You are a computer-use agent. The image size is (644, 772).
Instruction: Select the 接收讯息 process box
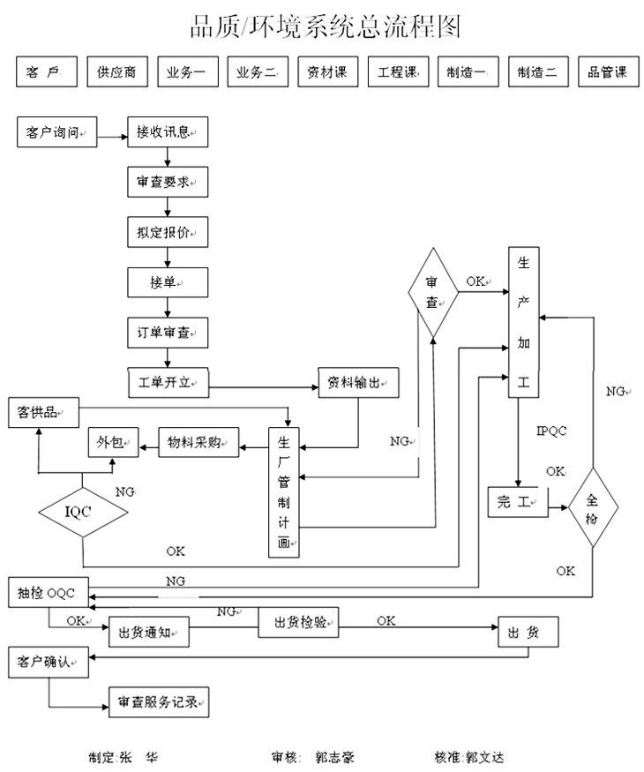click(x=166, y=131)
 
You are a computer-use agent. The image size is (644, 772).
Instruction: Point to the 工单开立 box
click(x=166, y=384)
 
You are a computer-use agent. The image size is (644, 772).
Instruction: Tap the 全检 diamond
click(x=592, y=509)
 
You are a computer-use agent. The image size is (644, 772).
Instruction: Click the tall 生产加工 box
click(x=523, y=324)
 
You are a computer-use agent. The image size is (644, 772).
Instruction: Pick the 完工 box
click(x=517, y=502)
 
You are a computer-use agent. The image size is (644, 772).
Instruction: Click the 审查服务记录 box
click(x=159, y=703)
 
